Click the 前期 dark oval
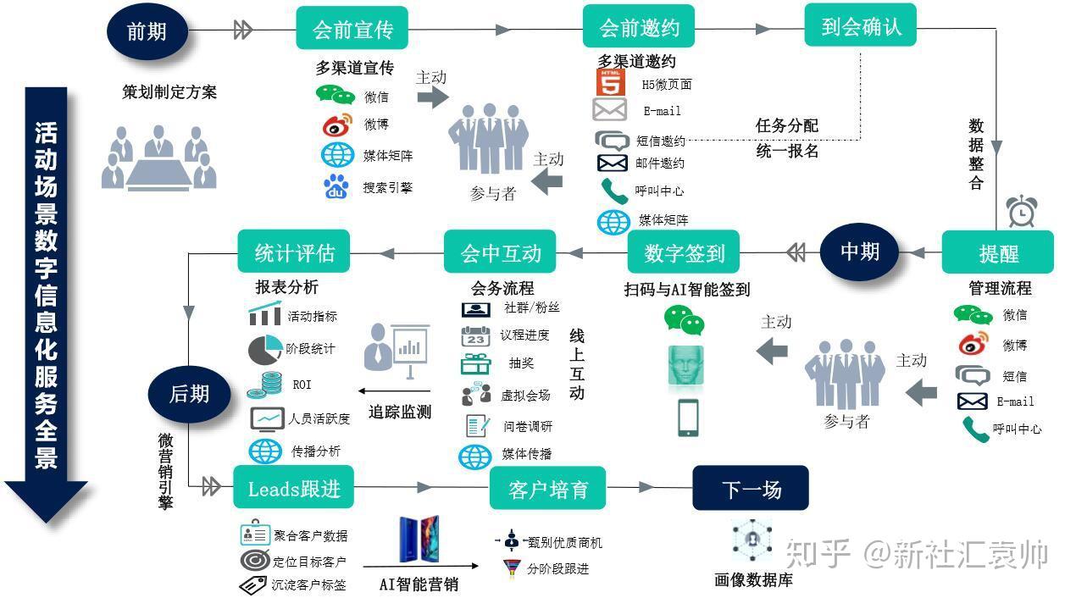tap(147, 30)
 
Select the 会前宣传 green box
tap(352, 28)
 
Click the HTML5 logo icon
tap(611, 82)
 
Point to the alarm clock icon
tap(1021, 211)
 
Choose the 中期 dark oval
tap(859, 252)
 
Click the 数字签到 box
tap(684, 252)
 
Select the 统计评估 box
tap(293, 252)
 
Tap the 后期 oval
tap(189, 394)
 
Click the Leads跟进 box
tap(293, 487)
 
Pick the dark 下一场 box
tap(751, 488)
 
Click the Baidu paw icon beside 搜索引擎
tap(336, 187)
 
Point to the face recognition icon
tap(686, 365)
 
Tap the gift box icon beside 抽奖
tap(475, 363)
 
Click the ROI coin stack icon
tap(264, 385)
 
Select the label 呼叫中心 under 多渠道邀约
tap(659, 191)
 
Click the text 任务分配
tap(787, 126)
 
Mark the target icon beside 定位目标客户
tap(255, 560)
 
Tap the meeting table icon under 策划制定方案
tap(159, 158)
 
